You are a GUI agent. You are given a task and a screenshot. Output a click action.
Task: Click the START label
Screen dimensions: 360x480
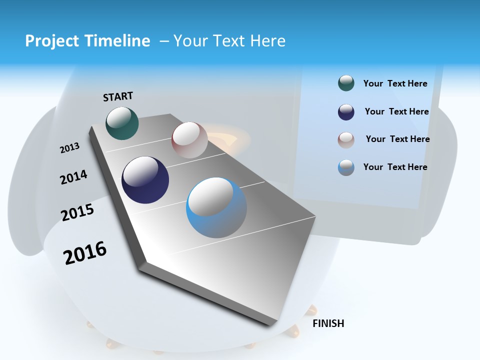[x=118, y=96]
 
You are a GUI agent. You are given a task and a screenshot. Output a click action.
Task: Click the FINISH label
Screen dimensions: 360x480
[x=328, y=323]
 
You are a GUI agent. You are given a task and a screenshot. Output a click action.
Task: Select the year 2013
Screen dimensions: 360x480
[x=69, y=148]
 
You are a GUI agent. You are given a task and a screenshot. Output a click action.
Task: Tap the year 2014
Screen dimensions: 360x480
[x=73, y=177]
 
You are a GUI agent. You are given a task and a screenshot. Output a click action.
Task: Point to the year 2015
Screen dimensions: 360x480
[x=77, y=212]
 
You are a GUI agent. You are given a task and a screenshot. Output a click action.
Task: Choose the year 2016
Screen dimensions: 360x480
[x=85, y=252]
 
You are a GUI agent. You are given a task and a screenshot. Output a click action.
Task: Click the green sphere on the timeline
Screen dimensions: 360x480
[x=122, y=123]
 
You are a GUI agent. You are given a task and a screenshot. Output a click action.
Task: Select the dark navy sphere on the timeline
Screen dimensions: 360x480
[x=145, y=180]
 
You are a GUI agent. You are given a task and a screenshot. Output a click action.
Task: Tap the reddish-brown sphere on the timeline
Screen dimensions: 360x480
[x=189, y=140]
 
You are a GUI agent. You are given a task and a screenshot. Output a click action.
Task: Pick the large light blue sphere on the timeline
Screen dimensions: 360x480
[x=216, y=207]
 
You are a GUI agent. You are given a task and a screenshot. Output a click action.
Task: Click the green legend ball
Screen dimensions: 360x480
[x=346, y=83]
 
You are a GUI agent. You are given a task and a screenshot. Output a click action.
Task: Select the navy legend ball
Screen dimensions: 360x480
[x=346, y=112]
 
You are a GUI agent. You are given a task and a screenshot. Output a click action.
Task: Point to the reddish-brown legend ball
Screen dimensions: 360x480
[x=346, y=140]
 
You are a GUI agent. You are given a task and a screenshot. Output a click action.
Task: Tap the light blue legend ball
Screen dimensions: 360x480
[x=346, y=167]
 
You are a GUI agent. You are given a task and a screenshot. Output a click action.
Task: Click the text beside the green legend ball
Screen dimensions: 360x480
[x=395, y=83]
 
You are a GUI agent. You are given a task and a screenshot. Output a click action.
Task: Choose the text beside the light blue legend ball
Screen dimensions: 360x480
[x=395, y=167]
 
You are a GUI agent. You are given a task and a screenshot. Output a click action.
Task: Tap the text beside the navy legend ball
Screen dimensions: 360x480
[x=396, y=111]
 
